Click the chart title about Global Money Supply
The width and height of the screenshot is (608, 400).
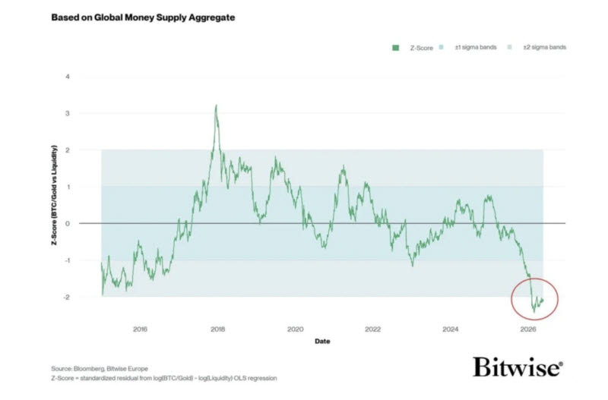pos(143,17)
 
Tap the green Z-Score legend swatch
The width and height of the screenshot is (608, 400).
pos(395,48)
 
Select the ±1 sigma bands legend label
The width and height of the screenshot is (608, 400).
pos(476,47)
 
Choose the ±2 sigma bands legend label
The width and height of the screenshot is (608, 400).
pos(544,47)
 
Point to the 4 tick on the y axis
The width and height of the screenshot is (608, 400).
pos(68,77)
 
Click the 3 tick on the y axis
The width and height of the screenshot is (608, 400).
pos(68,113)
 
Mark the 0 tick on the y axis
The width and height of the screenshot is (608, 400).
pos(68,223)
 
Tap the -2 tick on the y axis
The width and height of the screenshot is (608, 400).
pos(67,297)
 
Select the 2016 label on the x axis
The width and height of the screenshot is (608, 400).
pos(140,329)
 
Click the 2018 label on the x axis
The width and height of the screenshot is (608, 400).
pos(217,329)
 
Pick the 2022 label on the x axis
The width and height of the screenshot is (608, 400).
pos(372,329)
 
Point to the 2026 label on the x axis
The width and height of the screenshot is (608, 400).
pos(527,329)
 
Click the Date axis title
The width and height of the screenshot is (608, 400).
pos(322,341)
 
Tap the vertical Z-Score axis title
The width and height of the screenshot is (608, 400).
pos(54,195)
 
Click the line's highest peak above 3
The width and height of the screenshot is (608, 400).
pos(216,105)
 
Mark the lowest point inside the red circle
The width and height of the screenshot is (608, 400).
pos(534,312)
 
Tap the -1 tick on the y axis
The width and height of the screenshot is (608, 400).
pos(67,260)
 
